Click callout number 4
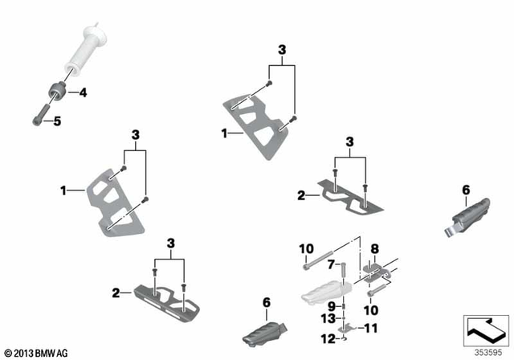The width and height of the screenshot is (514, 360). point(83,92)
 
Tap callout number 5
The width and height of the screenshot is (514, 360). point(56,121)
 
